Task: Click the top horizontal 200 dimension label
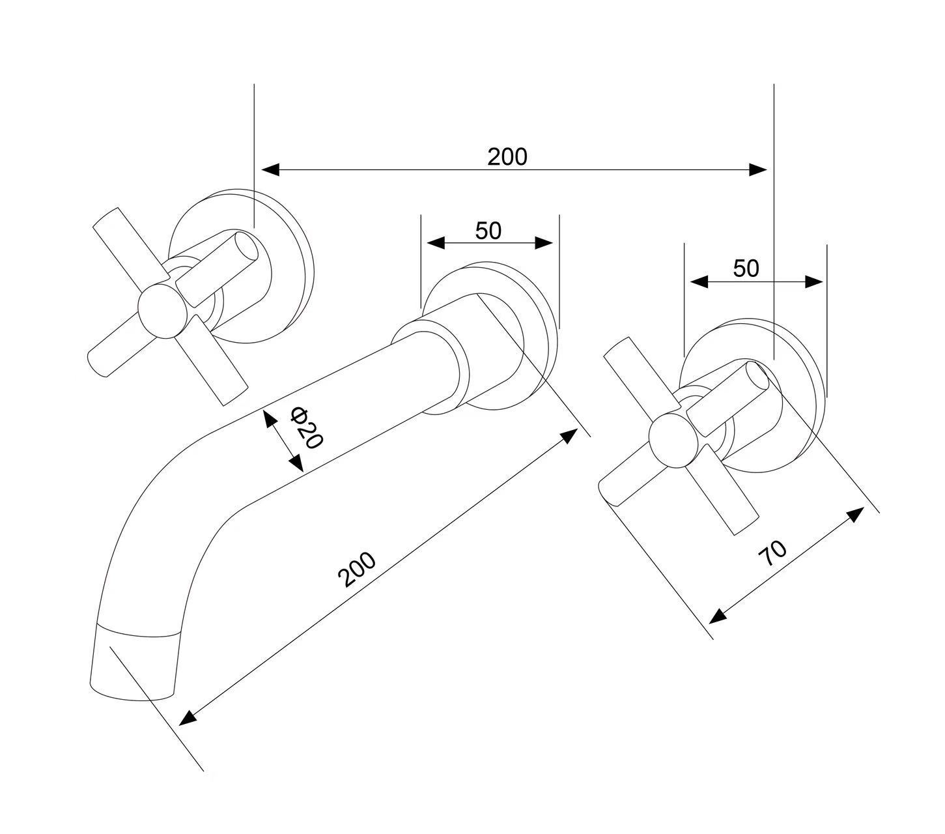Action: [507, 157]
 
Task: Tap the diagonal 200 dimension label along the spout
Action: [356, 569]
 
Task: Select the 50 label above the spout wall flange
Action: [488, 231]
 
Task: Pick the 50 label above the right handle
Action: [746, 268]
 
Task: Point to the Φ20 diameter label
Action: [307, 427]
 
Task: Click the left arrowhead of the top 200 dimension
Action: [270, 170]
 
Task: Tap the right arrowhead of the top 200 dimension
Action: [757, 170]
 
